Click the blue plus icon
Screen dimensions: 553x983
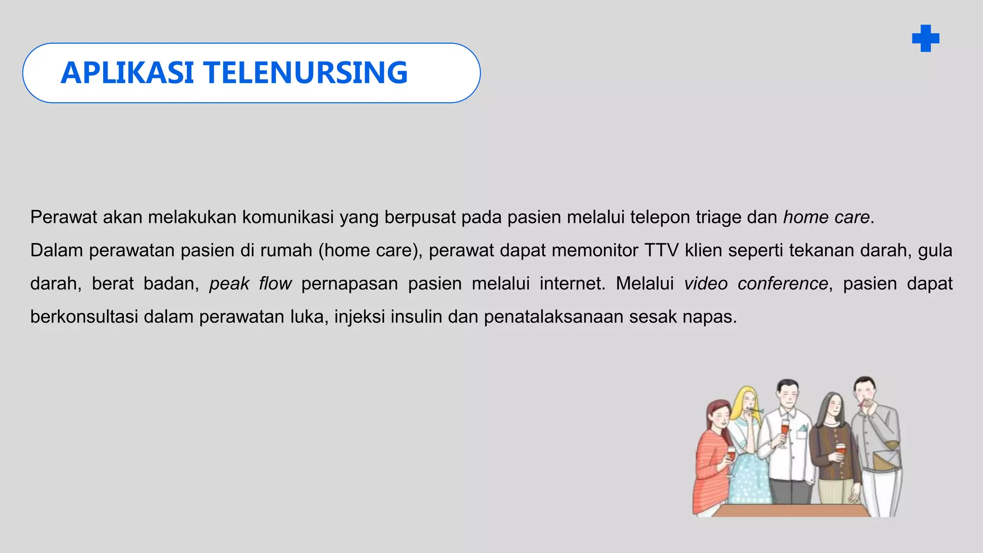[925, 38]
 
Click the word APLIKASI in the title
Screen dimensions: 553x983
[127, 73]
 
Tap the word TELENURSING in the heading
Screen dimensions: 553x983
[306, 73]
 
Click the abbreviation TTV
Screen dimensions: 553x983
[661, 251]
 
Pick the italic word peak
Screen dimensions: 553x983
[229, 284]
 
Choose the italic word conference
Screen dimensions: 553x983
[782, 284]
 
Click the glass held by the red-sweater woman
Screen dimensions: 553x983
[731, 454]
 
